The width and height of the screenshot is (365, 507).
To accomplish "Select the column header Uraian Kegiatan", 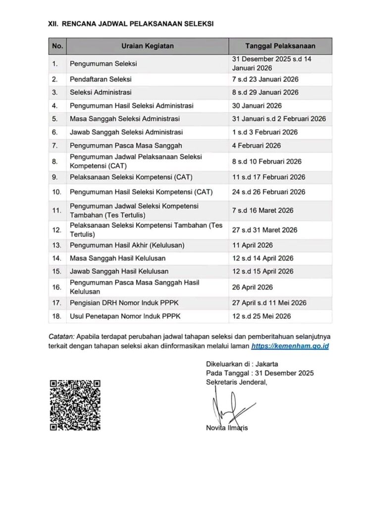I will (x=148, y=46).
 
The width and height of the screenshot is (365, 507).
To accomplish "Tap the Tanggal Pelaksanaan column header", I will (x=280, y=46).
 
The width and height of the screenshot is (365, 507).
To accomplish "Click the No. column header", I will (x=57, y=46).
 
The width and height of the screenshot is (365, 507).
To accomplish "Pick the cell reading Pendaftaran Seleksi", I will (x=101, y=79).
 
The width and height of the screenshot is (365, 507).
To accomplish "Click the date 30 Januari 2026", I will (x=257, y=105).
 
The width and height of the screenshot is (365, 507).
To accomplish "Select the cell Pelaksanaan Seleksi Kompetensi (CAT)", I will (x=131, y=177).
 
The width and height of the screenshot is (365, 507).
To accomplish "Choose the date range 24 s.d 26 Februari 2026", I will (x=269, y=192).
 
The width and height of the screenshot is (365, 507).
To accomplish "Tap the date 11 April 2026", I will (x=253, y=246).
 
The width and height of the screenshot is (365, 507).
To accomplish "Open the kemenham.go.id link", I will (x=290, y=347).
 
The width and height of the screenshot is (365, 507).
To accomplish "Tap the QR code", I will (x=75, y=405).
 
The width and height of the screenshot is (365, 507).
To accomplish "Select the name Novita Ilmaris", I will (x=227, y=428).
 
